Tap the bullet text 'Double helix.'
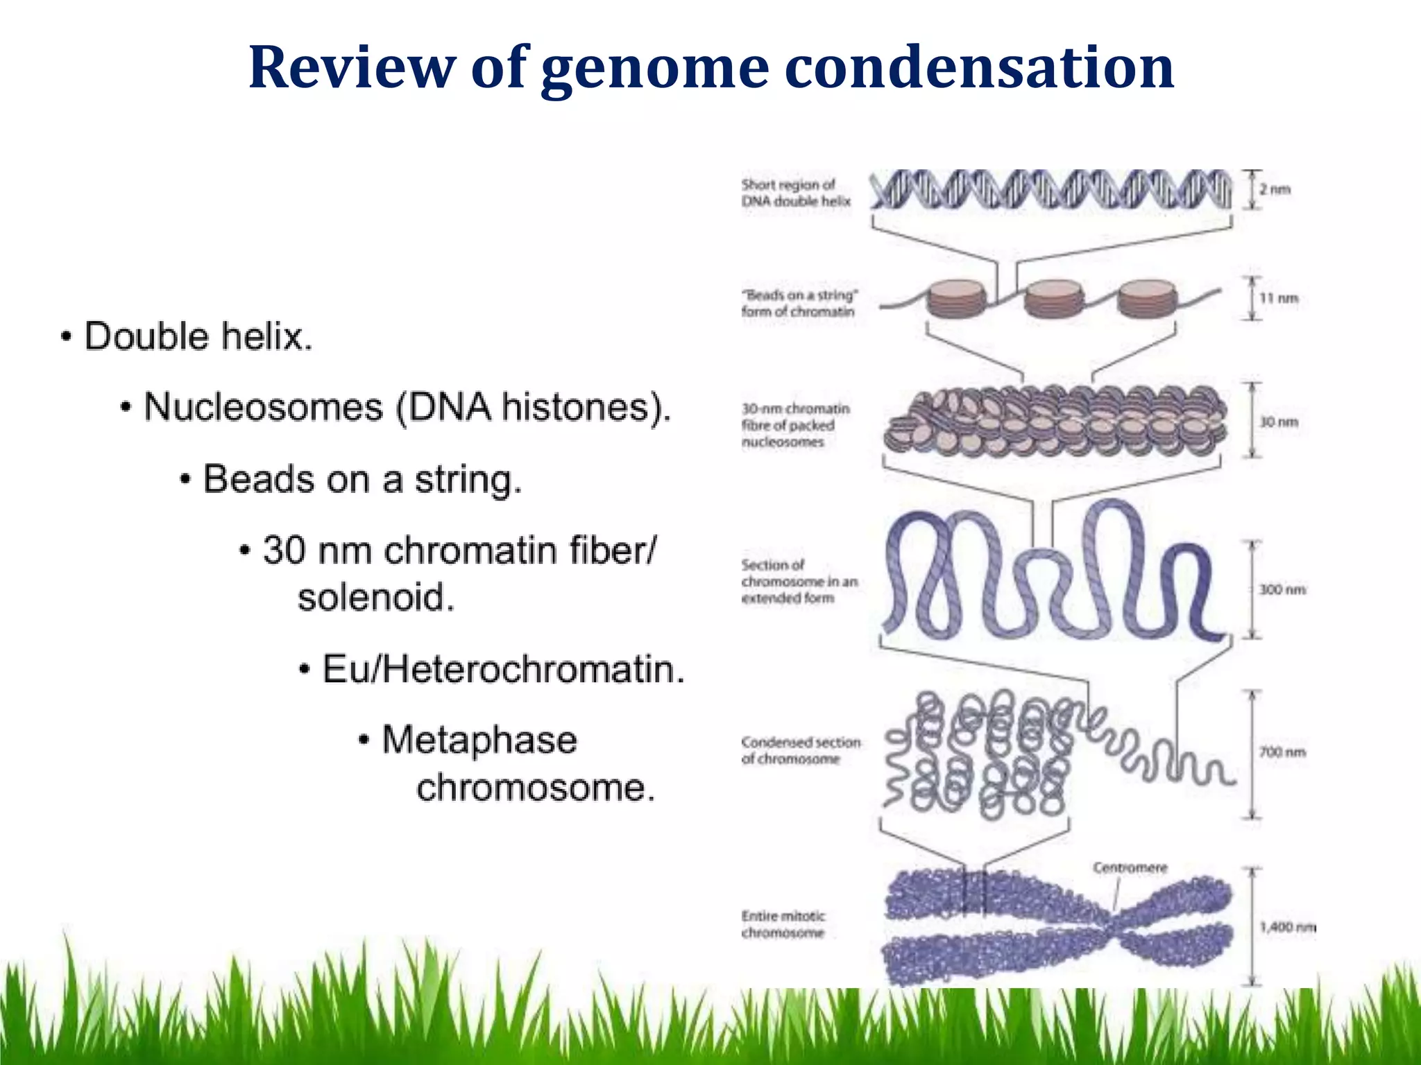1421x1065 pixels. click(198, 337)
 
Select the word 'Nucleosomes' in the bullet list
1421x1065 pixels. click(263, 407)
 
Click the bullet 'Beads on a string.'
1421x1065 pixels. click(361, 480)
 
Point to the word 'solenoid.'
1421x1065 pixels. click(376, 598)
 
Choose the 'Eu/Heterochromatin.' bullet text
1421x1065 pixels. click(503, 670)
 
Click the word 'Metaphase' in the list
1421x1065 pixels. click(479, 740)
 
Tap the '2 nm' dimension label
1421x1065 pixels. click(1275, 189)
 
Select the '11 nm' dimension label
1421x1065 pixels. click(1279, 298)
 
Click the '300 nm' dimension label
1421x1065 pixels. click(1282, 589)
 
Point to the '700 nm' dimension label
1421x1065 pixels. click(1282, 752)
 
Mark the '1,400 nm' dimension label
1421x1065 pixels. click(1287, 927)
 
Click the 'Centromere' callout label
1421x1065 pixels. click(1130, 867)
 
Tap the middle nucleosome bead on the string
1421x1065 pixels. click(1053, 299)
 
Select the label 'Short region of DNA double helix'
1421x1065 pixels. click(795, 193)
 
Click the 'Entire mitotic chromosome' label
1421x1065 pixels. click(783, 924)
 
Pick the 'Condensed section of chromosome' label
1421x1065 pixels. click(800, 750)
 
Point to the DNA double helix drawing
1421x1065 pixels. click(1050, 189)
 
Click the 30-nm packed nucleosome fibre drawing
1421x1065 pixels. click(1053, 422)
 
